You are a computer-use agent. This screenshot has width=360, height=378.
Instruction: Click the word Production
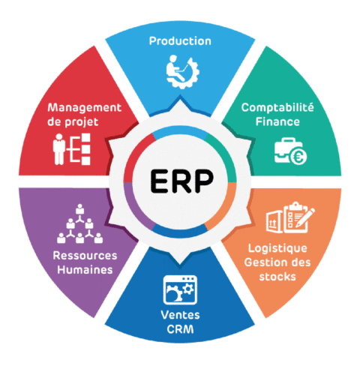coord(180,41)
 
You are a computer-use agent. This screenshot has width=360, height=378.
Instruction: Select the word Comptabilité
coord(277,108)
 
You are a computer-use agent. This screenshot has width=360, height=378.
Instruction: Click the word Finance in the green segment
coord(277,121)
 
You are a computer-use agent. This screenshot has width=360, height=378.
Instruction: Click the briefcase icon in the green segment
coord(286,151)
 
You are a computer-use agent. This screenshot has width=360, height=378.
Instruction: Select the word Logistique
coord(277,249)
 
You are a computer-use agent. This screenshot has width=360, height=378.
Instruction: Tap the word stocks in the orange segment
coord(277,277)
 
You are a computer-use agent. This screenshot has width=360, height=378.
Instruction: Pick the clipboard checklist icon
coord(295,217)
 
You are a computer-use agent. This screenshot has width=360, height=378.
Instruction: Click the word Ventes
coord(180,315)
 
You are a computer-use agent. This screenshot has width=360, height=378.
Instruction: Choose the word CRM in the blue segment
coord(180,329)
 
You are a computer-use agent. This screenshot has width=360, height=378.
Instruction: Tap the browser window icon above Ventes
coord(180,289)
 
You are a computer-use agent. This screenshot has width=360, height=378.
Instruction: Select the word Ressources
coord(85,256)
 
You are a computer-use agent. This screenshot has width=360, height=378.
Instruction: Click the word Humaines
coord(85,270)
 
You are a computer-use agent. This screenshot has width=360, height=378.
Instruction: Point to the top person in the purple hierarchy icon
coord(79,208)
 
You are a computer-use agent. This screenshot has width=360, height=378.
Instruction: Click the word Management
coord(85,108)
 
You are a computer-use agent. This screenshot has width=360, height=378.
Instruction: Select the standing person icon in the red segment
coord(59,149)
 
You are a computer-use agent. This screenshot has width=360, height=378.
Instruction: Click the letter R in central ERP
coord(181,181)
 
